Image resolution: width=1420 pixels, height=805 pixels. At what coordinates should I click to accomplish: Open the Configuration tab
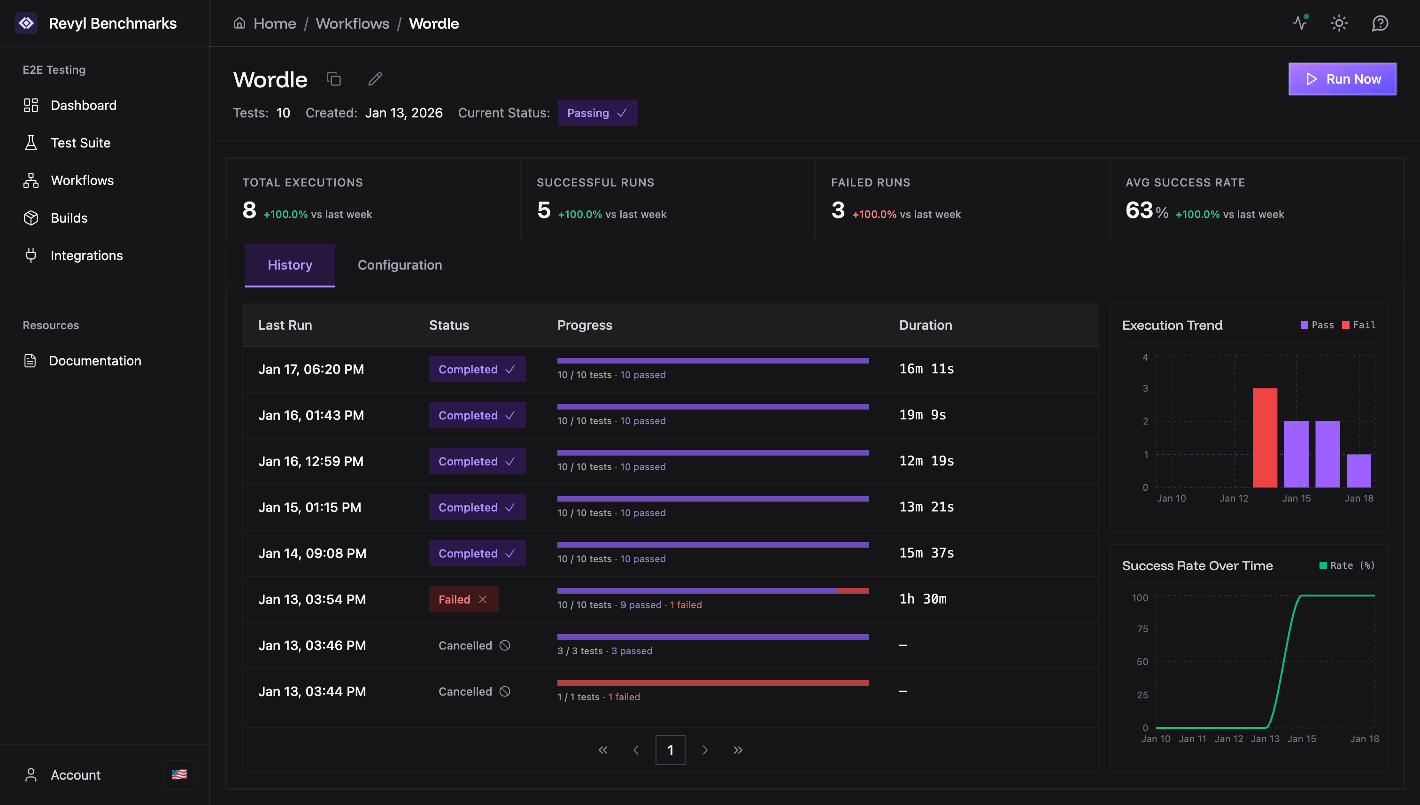tap(399, 265)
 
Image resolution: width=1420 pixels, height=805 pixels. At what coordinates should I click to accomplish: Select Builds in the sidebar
tap(69, 218)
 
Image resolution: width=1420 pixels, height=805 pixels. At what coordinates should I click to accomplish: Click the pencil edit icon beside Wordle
tap(375, 79)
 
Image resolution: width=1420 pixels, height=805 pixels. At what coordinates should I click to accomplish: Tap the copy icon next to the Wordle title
tap(333, 79)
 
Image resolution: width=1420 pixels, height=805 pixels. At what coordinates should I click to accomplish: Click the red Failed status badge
tap(463, 599)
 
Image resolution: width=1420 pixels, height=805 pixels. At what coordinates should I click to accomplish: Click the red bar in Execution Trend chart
tap(1264, 437)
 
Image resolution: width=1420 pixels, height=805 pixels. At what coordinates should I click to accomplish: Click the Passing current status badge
tap(596, 113)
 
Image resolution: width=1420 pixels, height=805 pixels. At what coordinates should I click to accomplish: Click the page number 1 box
tap(670, 750)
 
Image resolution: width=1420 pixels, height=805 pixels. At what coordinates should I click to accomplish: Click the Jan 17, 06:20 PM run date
tap(311, 369)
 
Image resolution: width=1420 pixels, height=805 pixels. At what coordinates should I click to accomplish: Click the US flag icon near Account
tap(179, 774)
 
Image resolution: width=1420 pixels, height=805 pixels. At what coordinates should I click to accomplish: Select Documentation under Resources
tap(94, 361)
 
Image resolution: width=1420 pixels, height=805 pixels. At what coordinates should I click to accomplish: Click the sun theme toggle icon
tap(1338, 23)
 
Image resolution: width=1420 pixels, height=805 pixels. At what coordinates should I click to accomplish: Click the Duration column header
tap(925, 325)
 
